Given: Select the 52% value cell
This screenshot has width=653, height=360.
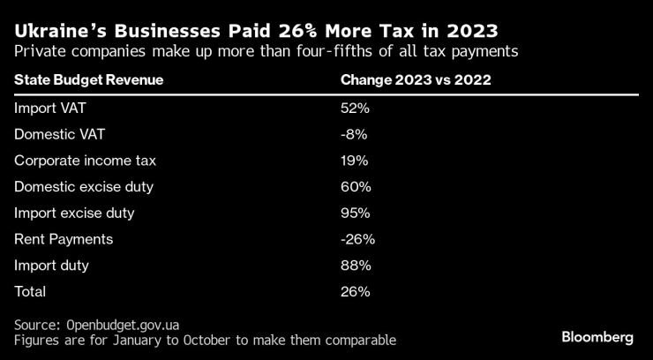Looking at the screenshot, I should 356,109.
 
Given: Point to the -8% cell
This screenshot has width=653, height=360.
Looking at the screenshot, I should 353,135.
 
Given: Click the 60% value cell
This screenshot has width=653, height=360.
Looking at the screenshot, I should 356,187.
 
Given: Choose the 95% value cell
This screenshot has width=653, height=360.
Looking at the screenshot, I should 356,213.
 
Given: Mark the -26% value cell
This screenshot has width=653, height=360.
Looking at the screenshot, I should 357,239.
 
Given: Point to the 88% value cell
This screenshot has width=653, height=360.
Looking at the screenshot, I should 356,265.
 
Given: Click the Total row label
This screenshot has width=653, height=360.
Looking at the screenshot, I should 30,291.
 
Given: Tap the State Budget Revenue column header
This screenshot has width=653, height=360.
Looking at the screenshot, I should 89,80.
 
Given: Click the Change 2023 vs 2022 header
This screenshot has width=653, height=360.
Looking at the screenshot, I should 416,80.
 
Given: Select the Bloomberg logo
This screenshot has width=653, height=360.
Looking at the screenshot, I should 597,337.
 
